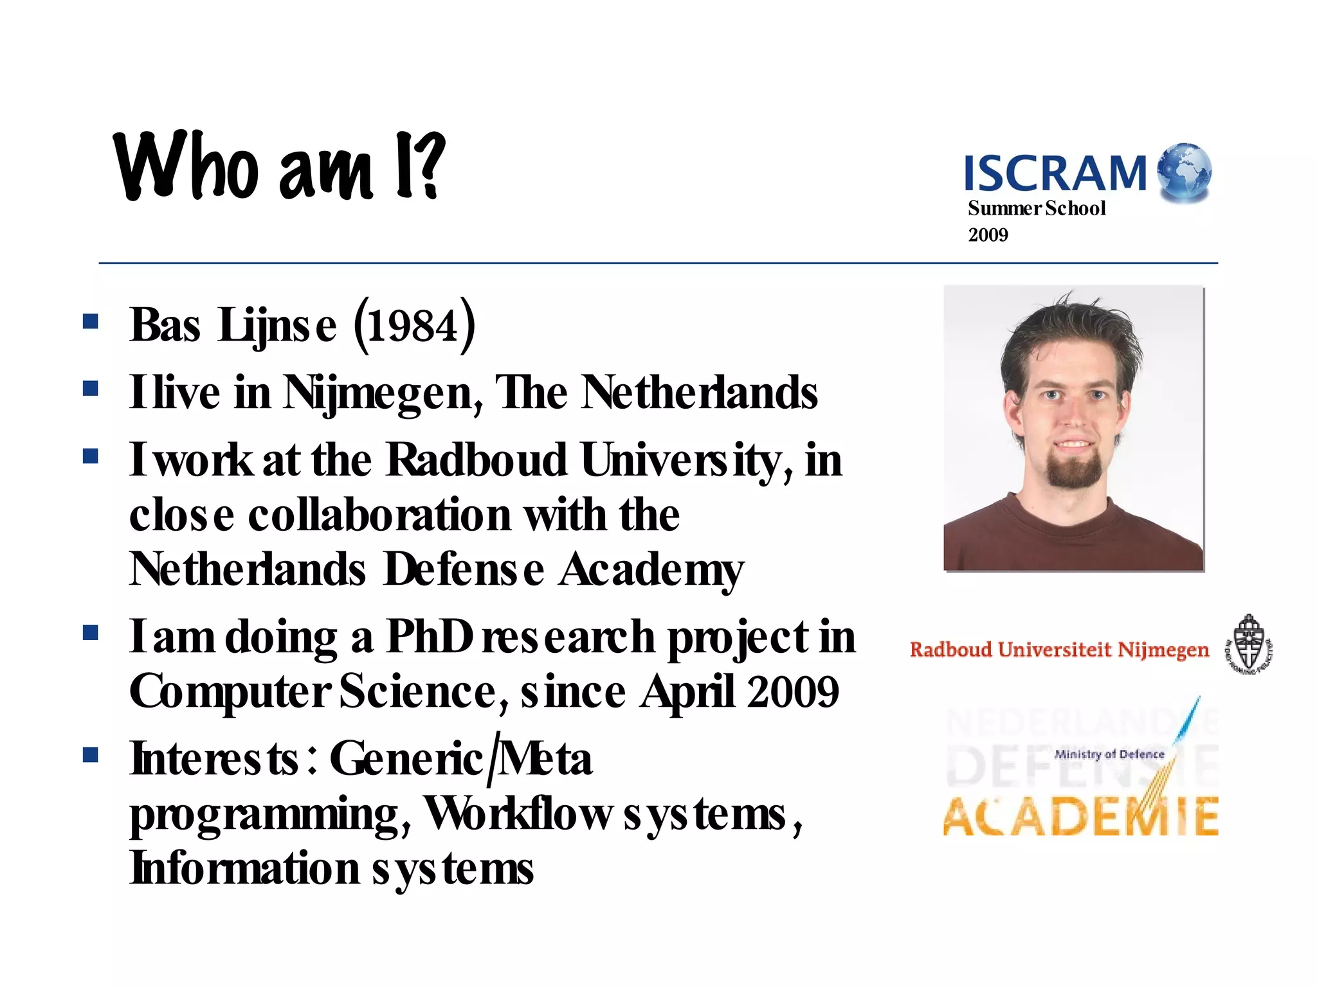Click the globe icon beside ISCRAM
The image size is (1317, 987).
click(1184, 172)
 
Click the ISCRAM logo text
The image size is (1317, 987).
click(1055, 173)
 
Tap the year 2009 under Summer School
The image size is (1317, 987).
click(988, 235)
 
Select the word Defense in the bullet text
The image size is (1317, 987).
click(463, 569)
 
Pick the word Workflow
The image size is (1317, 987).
click(518, 814)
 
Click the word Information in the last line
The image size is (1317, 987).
click(244, 868)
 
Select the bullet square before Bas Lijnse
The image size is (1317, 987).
click(91, 321)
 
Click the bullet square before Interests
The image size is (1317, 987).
click(91, 754)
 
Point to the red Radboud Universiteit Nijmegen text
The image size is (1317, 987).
click(1059, 650)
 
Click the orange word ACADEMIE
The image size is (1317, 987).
click(1080, 817)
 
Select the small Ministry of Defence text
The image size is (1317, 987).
click(1109, 754)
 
